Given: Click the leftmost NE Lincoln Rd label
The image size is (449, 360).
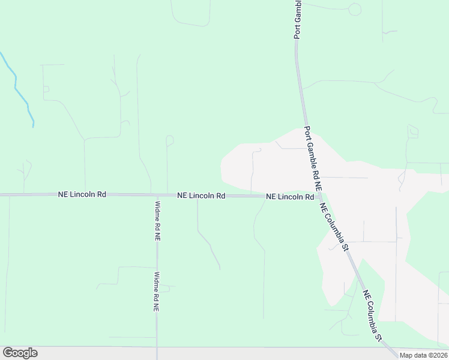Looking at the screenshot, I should click(82, 194).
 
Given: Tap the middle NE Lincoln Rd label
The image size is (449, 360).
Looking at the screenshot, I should click(200, 196).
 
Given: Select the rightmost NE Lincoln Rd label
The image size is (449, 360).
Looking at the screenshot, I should click(290, 197).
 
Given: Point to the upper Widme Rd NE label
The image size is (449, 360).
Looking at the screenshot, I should click(157, 220).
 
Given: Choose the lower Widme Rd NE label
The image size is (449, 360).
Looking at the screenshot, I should click(156, 292).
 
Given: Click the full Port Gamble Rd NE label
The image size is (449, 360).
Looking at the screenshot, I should click(312, 159).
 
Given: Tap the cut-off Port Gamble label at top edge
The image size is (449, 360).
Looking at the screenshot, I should click(297, 20).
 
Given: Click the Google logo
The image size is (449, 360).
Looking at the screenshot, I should click(20, 353).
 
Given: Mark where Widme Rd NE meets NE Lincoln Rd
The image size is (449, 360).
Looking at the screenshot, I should click(157, 195).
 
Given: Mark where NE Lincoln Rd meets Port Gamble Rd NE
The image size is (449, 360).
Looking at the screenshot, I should click(319, 197).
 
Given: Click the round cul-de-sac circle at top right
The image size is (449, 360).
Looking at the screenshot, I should click(355, 9).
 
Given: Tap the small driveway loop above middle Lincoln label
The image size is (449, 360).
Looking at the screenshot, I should click(170, 140).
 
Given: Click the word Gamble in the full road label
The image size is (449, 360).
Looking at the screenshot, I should click(312, 157).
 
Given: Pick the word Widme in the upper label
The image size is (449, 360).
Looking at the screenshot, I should click(157, 211).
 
